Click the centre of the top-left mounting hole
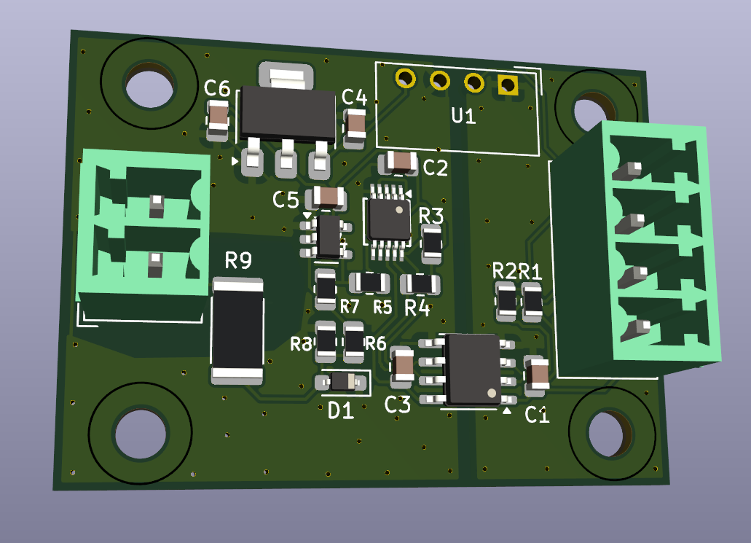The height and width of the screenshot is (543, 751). pyautogui.click(x=149, y=85)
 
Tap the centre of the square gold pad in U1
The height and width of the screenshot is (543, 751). pyautogui.click(x=508, y=85)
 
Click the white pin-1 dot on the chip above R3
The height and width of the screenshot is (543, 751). pyautogui.click(x=399, y=209)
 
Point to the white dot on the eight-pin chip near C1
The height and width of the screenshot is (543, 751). pyautogui.click(x=492, y=393)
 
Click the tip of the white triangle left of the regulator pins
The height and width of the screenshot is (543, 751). pyautogui.click(x=238, y=161)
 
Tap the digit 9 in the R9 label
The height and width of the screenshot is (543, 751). pyautogui.click(x=245, y=261)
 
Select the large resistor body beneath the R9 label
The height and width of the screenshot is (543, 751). pyautogui.click(x=237, y=331)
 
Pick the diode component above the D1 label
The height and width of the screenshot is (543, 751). pyautogui.click(x=341, y=382)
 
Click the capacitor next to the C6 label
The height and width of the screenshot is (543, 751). pyautogui.click(x=219, y=120)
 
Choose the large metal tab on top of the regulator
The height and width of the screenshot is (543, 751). pyautogui.click(x=286, y=75)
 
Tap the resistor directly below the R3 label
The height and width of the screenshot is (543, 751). pyautogui.click(x=431, y=243)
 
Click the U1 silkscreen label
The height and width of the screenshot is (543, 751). pyautogui.click(x=463, y=116)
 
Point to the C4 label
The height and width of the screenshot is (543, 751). pyautogui.click(x=355, y=97)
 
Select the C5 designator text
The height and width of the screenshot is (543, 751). pyautogui.click(x=286, y=200)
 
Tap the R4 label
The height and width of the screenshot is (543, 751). pyautogui.click(x=417, y=308)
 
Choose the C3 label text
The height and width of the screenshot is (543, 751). pyautogui.click(x=398, y=405)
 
